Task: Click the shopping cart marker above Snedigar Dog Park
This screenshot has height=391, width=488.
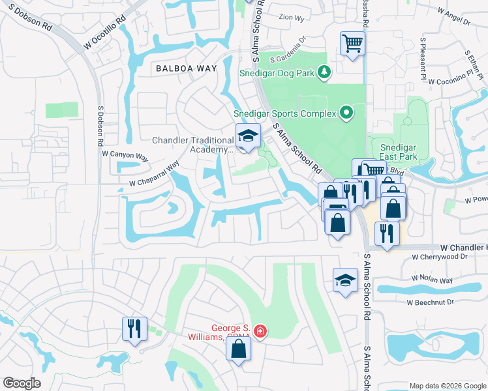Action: (x=352, y=44)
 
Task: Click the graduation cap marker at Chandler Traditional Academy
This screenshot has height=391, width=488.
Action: (x=247, y=136)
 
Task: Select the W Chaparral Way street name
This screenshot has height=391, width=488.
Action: (x=154, y=175)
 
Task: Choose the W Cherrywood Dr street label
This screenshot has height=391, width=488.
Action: (x=441, y=257)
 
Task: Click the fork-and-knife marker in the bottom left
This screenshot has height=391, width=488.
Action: (x=134, y=328)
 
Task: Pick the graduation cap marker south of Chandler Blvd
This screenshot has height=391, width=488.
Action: (x=345, y=280)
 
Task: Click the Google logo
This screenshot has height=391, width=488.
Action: (x=22, y=383)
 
